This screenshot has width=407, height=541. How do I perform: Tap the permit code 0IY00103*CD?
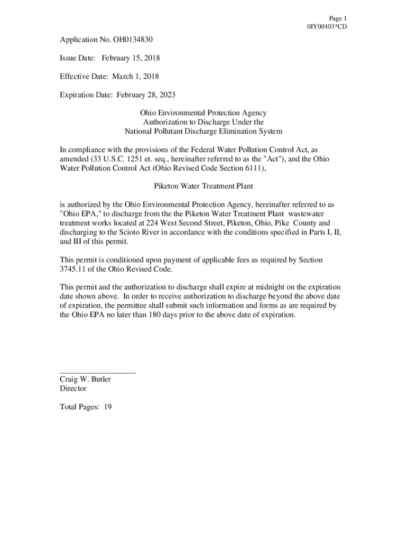(327, 26)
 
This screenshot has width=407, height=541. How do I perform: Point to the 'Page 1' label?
(337, 18)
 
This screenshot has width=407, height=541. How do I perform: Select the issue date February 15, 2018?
(131, 58)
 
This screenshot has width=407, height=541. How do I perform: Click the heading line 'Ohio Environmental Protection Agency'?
(203, 113)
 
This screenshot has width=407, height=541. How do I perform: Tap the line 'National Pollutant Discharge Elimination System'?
(203, 131)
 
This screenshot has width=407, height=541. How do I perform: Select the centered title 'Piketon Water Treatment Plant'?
(203, 186)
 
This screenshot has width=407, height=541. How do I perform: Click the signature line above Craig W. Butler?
(98, 373)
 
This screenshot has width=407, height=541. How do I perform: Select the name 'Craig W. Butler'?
(85, 379)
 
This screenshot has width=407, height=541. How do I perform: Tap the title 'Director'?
(73, 388)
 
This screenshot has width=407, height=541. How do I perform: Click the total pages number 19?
(107, 407)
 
